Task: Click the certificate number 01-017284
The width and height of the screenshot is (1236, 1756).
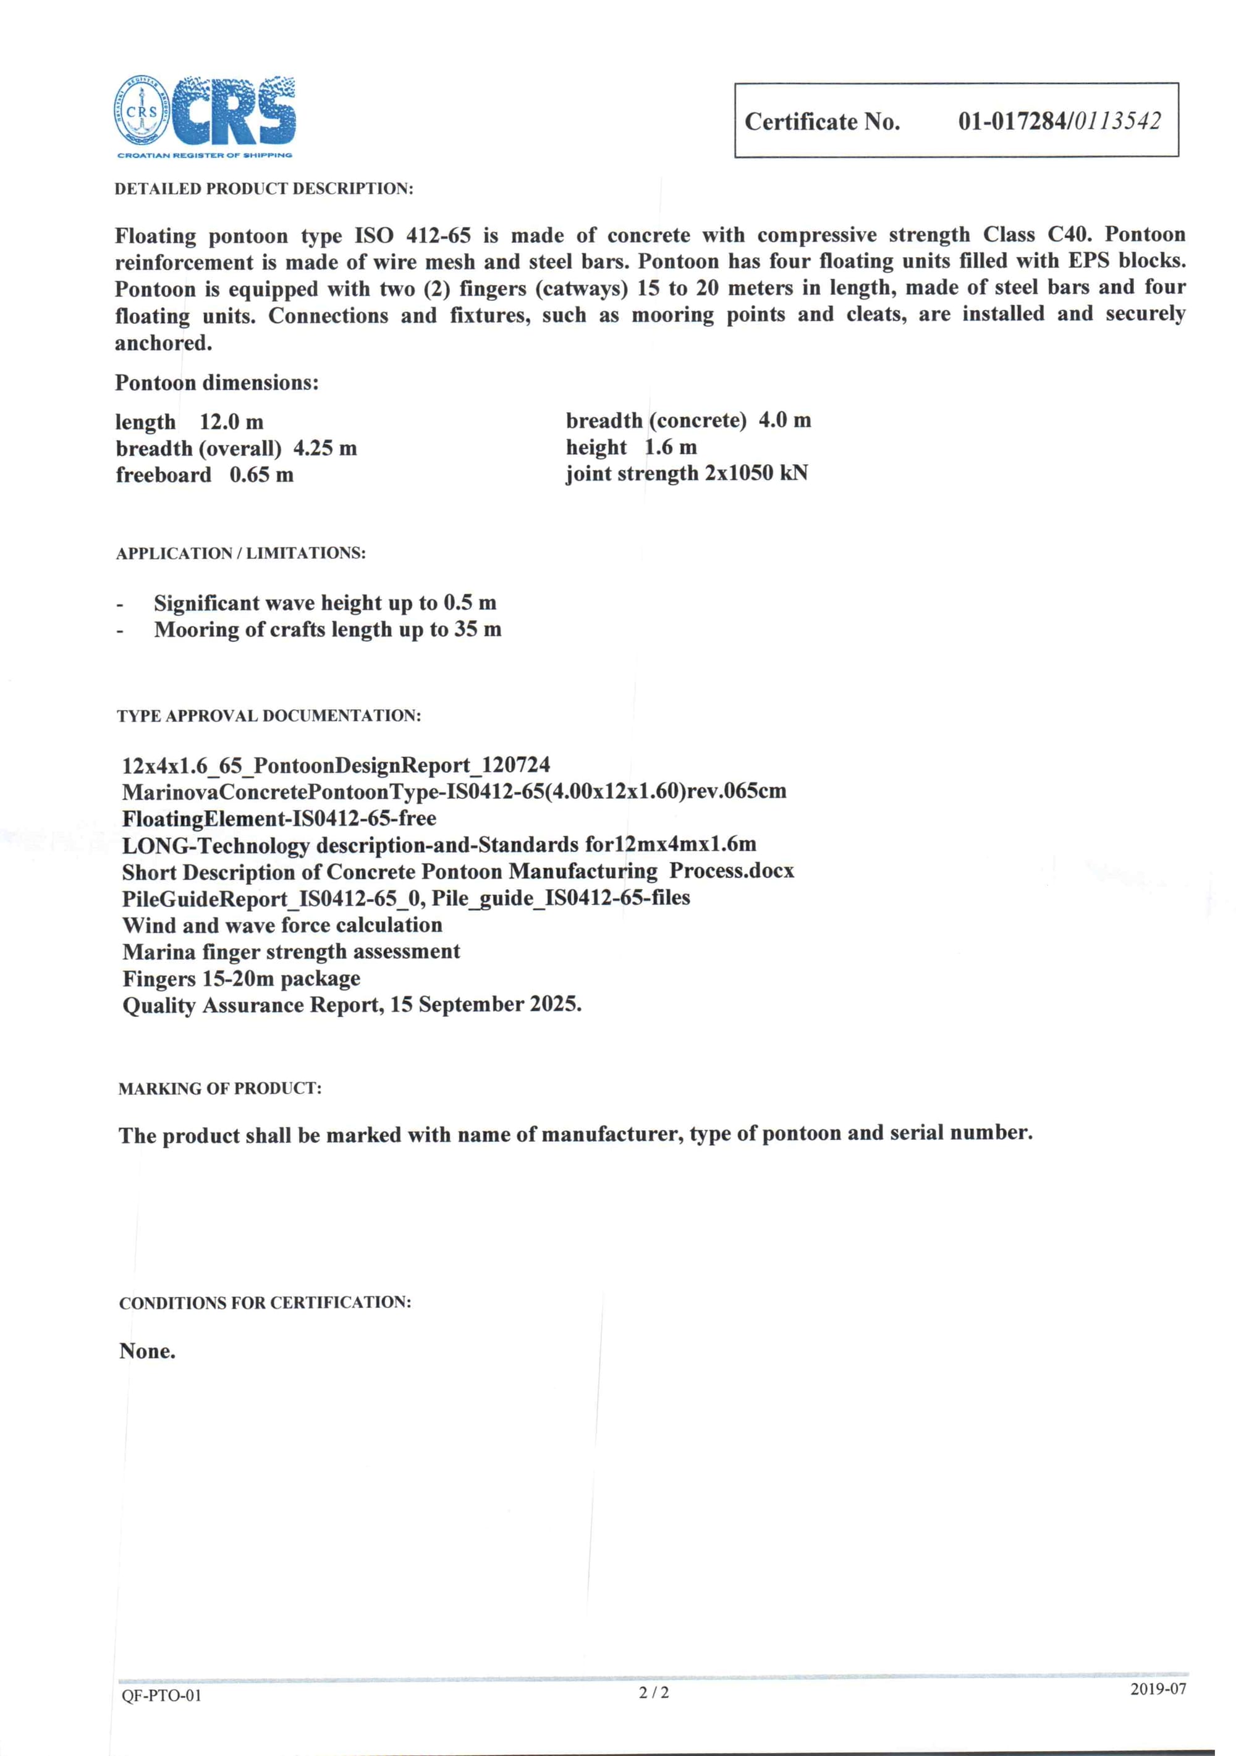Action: click(x=1013, y=122)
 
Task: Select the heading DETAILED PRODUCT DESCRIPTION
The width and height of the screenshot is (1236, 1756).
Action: click(x=264, y=189)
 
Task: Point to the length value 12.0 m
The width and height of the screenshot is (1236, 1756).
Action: click(x=231, y=422)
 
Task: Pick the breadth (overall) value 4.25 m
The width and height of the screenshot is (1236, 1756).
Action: click(x=325, y=448)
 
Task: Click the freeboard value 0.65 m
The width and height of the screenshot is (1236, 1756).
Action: click(x=261, y=475)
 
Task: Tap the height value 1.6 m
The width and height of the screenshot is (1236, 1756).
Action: click(x=670, y=447)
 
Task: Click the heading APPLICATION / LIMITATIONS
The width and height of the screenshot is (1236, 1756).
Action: click(x=241, y=554)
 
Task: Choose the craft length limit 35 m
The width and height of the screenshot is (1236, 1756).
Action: click(x=478, y=630)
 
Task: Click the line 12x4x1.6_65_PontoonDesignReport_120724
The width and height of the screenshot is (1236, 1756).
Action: click(x=336, y=766)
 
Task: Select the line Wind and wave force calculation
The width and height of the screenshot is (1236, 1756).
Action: click(x=282, y=926)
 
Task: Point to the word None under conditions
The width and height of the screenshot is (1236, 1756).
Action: click(x=147, y=1351)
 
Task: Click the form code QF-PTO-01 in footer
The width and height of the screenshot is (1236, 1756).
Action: click(x=161, y=1695)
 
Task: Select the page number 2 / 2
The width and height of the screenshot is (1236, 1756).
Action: click(x=654, y=1692)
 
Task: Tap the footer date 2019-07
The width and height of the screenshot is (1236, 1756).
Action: click(x=1158, y=1689)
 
